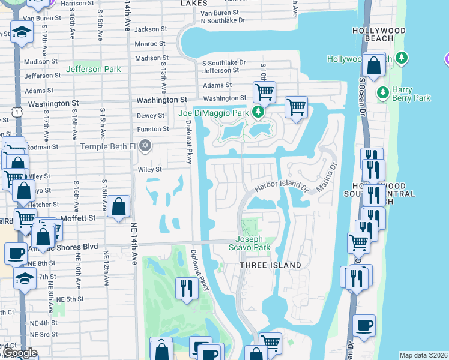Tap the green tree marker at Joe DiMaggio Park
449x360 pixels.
pyautogui.click(x=258, y=112)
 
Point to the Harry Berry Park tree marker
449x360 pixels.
pyautogui.click(x=382, y=93)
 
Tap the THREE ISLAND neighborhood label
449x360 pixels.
pyautogui.click(x=270, y=265)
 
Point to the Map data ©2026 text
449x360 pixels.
pyautogui.click(x=423, y=355)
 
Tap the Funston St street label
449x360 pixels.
pyautogui.click(x=152, y=129)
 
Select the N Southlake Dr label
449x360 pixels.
pyautogui.click(x=223, y=20)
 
